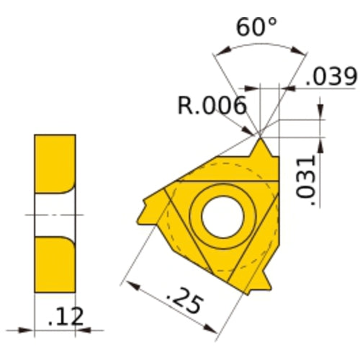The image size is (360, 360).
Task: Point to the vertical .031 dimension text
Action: pyautogui.click(x=307, y=180)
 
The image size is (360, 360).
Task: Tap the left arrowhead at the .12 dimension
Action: pyautogui.click(x=28, y=330)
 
